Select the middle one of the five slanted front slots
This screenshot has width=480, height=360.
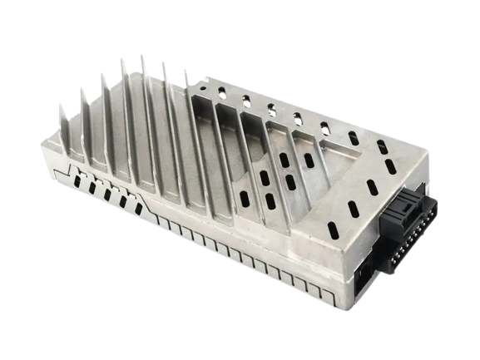(x=107, y=193)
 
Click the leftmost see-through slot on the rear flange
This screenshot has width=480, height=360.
(x=222, y=94)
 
